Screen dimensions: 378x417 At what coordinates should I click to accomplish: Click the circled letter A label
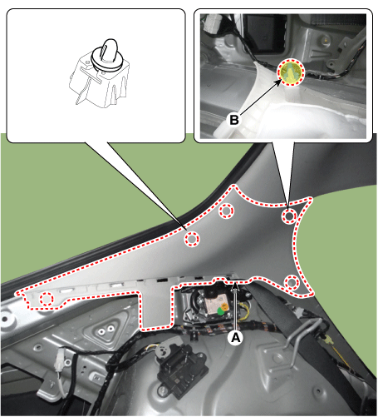(235, 338)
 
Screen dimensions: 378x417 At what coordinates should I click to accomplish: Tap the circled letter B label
(234, 120)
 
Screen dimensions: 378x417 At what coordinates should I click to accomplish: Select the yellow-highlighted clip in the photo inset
(292, 72)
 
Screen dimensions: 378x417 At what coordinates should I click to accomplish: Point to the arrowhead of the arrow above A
(235, 285)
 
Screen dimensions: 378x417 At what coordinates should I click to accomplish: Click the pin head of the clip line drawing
(109, 47)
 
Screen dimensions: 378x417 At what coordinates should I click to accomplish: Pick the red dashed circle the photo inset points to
(289, 216)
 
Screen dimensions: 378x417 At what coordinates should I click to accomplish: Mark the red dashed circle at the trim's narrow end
(47, 299)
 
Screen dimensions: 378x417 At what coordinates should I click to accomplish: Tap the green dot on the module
(221, 311)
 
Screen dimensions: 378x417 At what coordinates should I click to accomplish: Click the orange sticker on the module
(224, 306)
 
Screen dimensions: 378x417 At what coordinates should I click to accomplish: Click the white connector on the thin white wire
(61, 360)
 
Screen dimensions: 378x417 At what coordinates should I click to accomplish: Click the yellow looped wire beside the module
(245, 310)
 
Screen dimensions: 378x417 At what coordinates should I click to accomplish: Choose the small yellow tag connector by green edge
(329, 339)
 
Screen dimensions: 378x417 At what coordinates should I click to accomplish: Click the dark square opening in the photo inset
(264, 33)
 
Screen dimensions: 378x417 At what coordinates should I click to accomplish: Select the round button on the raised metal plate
(101, 330)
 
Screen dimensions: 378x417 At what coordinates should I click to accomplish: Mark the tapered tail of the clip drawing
(81, 94)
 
